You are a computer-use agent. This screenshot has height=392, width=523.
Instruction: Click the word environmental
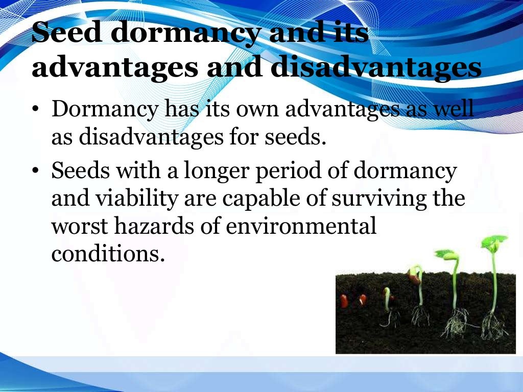[x=301, y=226]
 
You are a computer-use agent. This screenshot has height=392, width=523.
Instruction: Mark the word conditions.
[x=108, y=253]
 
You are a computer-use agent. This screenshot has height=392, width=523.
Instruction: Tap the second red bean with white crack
[x=362, y=300]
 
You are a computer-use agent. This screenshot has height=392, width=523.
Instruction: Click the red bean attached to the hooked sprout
[x=414, y=278]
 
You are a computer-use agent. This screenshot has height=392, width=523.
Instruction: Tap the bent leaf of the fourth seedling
[x=445, y=254]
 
